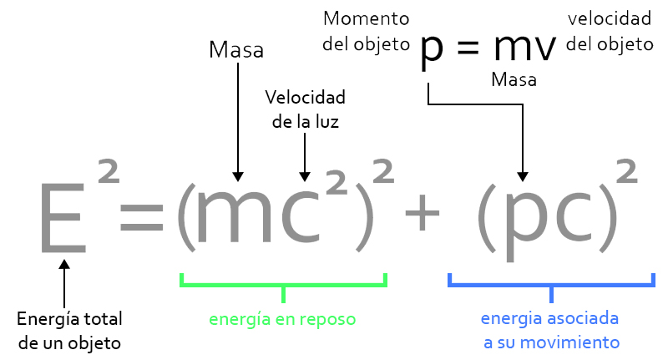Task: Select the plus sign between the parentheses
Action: (422, 215)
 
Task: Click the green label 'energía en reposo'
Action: (284, 319)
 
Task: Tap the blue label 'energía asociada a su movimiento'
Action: (551, 330)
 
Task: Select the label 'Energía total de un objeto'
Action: (70, 330)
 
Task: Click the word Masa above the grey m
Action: (236, 50)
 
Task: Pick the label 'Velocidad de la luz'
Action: (306, 109)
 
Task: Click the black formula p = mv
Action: (488, 48)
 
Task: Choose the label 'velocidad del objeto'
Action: (610, 31)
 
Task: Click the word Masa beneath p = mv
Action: (514, 80)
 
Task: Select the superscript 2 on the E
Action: (108, 174)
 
